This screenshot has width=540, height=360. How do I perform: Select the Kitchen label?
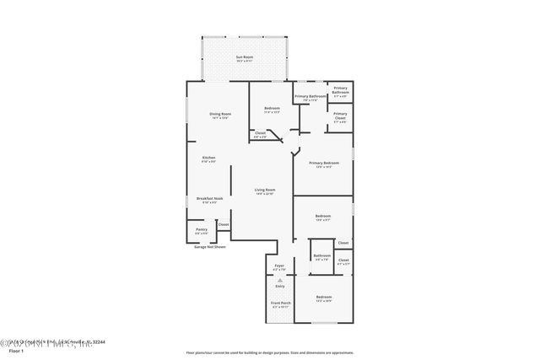[208, 159]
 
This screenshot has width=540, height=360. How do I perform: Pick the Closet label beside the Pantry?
[224, 224]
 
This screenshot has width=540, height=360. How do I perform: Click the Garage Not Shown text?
[210, 247]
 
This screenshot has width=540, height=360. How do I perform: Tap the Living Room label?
[264, 191]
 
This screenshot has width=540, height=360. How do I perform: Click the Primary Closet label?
[340, 116]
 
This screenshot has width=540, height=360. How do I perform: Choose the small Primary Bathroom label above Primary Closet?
[340, 90]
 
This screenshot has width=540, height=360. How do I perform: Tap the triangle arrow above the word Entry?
[280, 279]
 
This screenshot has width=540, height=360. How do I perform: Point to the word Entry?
[280, 287]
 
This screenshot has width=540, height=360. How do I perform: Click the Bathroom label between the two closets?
[322, 256]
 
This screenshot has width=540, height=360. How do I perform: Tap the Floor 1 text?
[15, 350]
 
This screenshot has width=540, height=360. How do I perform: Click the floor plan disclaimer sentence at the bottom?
[269, 351]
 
